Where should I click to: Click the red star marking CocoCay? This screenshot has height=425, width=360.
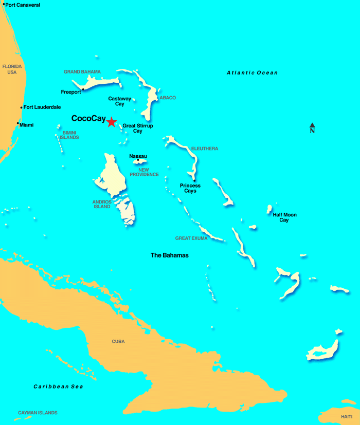point(111,122)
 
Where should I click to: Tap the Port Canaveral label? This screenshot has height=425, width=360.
point(23,5)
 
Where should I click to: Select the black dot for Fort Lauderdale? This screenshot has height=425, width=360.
point(21,107)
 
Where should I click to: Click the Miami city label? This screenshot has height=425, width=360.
point(27,125)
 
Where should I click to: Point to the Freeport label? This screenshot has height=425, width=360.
point(71,93)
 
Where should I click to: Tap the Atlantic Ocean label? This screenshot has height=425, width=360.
point(252,73)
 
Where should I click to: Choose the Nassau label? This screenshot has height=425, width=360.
point(138,156)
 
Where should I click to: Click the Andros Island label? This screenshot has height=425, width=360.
point(102,204)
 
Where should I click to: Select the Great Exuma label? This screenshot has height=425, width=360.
point(191,238)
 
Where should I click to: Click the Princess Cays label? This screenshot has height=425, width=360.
point(190,188)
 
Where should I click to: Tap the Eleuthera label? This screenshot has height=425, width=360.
point(205,149)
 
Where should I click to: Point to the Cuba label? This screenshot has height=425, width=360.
point(118,341)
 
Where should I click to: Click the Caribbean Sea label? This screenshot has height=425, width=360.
point(58,386)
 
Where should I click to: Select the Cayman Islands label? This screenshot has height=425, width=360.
point(38,413)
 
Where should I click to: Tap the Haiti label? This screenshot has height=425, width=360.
point(347,417)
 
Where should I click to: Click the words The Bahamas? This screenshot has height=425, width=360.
point(170,255)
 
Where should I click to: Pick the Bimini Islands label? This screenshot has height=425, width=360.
point(70,135)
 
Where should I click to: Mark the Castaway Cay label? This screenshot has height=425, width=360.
point(119,101)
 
